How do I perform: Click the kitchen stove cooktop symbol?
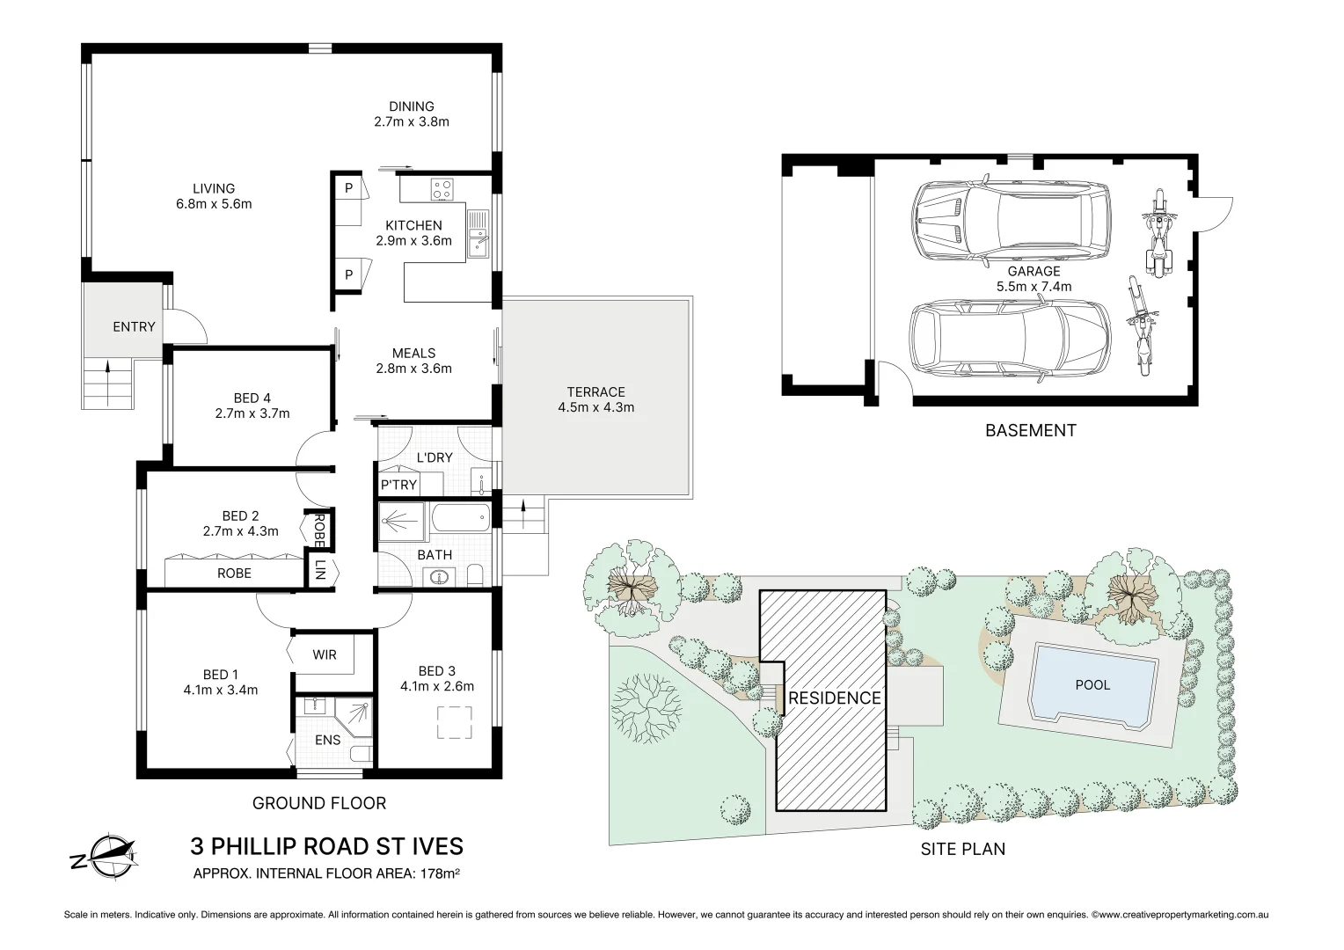442,188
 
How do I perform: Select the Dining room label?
412,106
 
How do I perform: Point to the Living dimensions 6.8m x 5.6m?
214,204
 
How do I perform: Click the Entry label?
134,326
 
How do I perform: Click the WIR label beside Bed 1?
325,654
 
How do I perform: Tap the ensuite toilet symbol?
358,754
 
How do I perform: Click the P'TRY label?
398,485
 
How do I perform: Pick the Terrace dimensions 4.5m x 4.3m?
595,407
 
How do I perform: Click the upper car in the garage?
1012,220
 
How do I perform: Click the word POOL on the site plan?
1092,684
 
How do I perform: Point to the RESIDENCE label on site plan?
834,698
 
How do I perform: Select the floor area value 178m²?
445,873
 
